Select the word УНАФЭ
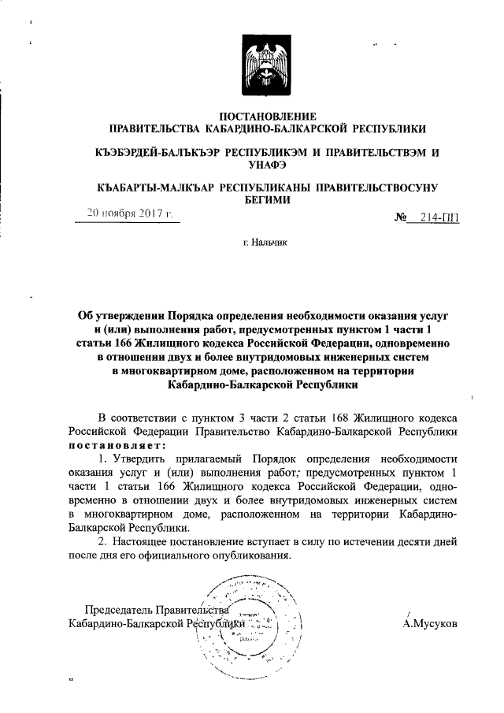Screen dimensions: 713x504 [x=267, y=164]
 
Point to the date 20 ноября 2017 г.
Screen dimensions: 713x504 [x=130, y=214]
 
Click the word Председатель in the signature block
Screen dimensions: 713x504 [x=118, y=608]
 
